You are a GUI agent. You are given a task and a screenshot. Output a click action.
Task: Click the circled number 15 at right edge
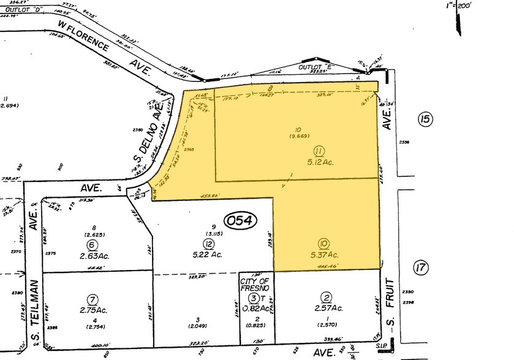424,119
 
